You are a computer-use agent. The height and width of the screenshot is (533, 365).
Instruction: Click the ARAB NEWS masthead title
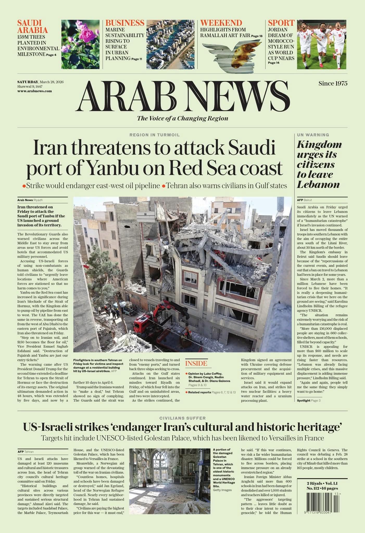(183, 96)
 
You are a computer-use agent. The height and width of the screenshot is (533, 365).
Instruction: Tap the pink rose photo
(80, 44)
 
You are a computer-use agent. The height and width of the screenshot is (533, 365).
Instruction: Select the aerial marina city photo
(170, 44)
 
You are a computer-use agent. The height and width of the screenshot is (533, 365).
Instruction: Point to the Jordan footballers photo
(322, 44)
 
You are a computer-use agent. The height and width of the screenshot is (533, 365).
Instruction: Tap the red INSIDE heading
(196, 364)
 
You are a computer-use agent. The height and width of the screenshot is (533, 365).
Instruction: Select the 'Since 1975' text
(333, 83)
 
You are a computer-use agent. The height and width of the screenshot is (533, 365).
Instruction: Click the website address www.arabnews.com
(35, 91)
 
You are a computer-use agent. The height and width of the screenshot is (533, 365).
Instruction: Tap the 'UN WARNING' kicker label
(313, 135)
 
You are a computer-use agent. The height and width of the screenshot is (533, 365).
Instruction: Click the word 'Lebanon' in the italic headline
(318, 185)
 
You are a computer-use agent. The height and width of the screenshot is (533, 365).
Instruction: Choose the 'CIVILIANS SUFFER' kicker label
(182, 418)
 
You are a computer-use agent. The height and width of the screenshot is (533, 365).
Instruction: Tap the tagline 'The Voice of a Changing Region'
(182, 118)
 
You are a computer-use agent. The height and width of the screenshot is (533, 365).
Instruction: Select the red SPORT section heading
(281, 23)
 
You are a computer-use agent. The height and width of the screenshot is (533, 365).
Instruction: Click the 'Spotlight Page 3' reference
(309, 401)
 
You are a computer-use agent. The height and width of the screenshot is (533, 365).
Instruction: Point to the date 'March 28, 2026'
(52, 82)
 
